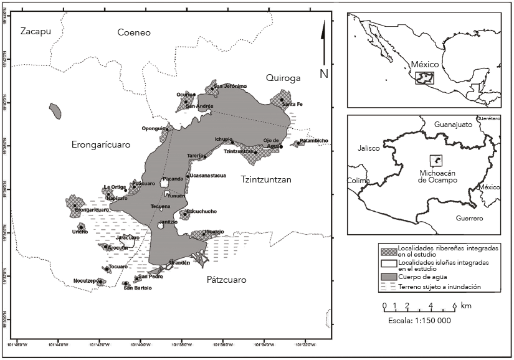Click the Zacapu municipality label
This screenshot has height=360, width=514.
pos(35,32)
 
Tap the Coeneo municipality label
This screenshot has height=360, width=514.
pos(134,32)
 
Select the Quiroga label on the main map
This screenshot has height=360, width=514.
pos(283,78)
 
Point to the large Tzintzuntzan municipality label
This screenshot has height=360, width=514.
pos(265,179)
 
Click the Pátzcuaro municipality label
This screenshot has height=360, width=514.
pos(226,280)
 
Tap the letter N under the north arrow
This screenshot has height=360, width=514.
pos(324,73)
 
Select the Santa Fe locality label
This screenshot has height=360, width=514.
pos(292,104)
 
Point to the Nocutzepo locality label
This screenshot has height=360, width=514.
pos(85,281)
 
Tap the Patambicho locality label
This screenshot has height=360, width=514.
pos(313,141)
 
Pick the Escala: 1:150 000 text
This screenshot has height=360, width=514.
pos(414,320)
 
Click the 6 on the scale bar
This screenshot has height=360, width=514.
pos(454,306)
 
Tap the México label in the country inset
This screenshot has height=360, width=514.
pos(425,64)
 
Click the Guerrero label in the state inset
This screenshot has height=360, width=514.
pos(469,219)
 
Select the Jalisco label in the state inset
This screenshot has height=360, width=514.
pos(370,149)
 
